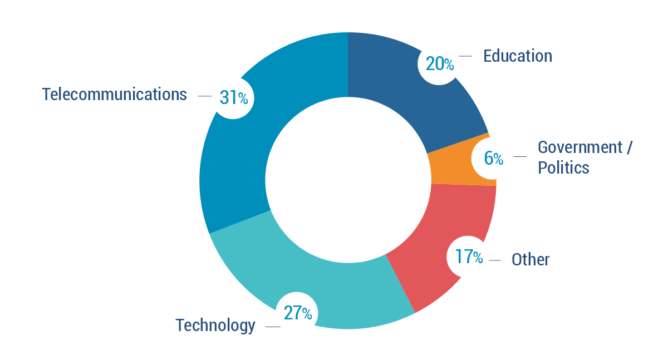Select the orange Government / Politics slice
point(454,167)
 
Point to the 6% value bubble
point(492,159)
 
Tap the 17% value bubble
point(468,257)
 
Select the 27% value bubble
point(298,313)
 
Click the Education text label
point(518,56)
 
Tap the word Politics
point(563,167)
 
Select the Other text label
point(531,259)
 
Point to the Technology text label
point(215,325)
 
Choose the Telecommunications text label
point(114,95)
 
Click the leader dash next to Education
point(465,56)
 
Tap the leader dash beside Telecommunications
point(204,96)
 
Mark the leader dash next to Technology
point(272,327)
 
